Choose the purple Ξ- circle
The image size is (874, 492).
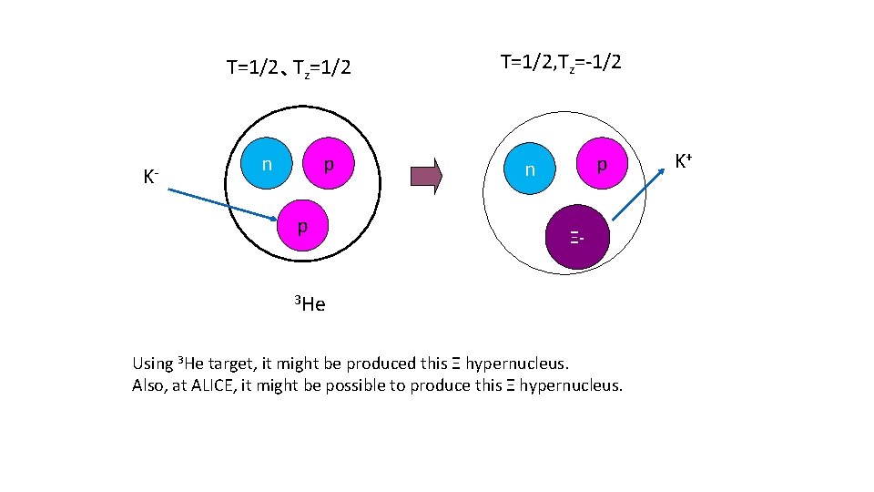pyautogui.click(x=576, y=239)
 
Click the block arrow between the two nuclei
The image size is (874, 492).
pyautogui.click(x=426, y=176)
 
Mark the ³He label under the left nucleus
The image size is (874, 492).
pyautogui.click(x=310, y=303)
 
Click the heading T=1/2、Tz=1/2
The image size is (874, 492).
pyautogui.click(x=289, y=68)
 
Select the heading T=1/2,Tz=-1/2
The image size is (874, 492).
pyautogui.click(x=561, y=63)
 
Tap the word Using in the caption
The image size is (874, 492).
pyautogui.click(x=152, y=364)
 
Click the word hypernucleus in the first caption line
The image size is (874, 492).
pyautogui.click(x=516, y=364)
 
